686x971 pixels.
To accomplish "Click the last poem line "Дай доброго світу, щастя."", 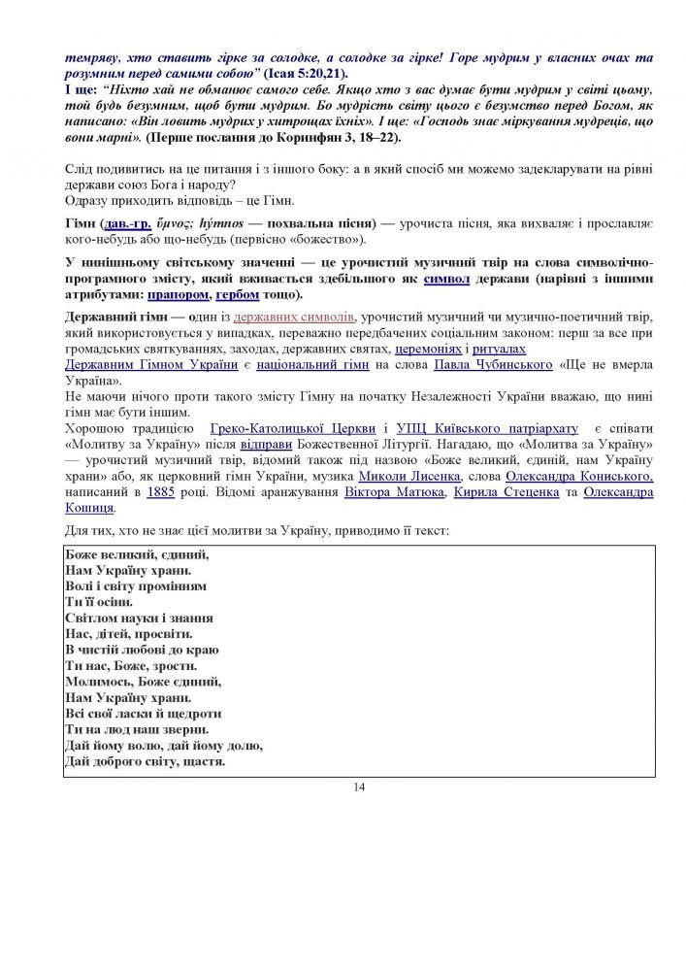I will coord(145,760).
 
